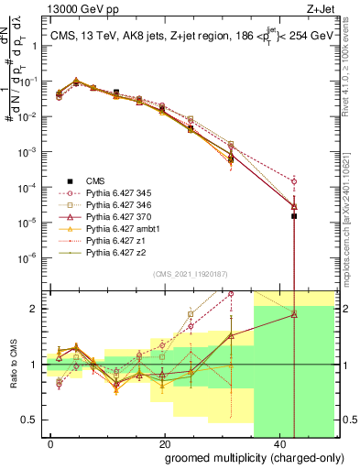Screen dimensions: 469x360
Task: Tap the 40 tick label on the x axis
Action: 278,442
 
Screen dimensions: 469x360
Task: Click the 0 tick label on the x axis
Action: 50,442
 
